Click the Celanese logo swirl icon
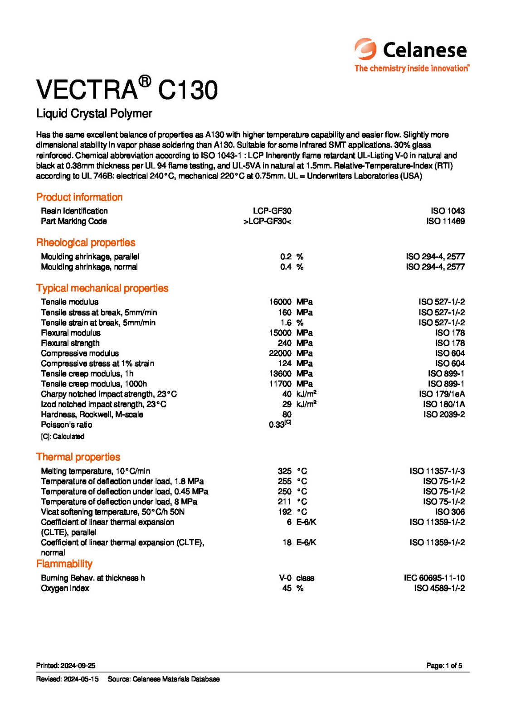coord(365,49)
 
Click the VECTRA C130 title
coord(127,89)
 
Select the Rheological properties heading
coord(86,242)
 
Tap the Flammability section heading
coord(64,564)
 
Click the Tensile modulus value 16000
coord(280,302)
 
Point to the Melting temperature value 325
coord(285,471)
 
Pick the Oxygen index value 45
coord(287,588)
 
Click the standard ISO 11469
coord(445,221)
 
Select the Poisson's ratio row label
coord(67,425)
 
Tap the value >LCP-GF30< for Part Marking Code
coord(268,221)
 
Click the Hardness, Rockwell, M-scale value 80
coord(287,414)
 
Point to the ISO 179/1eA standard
coord(442,394)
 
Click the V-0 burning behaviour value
coord(285,578)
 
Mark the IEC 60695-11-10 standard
coord(434,578)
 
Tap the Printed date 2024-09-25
coord(66,666)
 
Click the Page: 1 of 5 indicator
coord(444,666)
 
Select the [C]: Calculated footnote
coord(63,436)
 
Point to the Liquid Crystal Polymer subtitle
coord(94,113)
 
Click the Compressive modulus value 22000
coord(280,353)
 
